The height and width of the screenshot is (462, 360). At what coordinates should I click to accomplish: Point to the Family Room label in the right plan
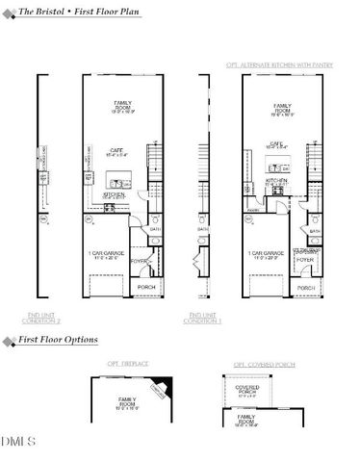coord(283,108)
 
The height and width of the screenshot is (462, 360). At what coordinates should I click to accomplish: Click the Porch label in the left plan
coord(147,286)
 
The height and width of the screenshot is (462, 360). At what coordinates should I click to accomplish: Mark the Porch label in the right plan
coord(306,287)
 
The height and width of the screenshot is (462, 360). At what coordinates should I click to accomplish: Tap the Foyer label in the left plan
coord(138,259)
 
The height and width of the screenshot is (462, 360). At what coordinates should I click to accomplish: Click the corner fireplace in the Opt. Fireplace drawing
coord(157,387)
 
